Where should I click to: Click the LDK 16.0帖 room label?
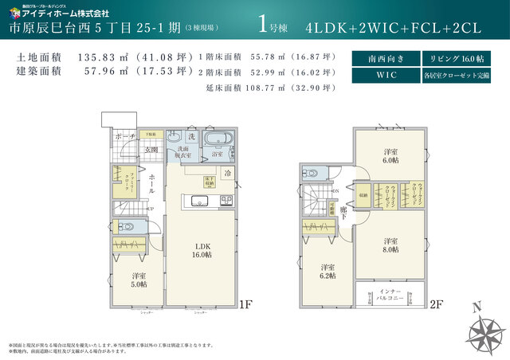(x=200, y=250)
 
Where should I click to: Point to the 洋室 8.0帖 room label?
(x=390, y=245)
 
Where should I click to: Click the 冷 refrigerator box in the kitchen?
(x=227, y=173)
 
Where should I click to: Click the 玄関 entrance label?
(x=151, y=149)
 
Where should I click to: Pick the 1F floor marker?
(x=246, y=305)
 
